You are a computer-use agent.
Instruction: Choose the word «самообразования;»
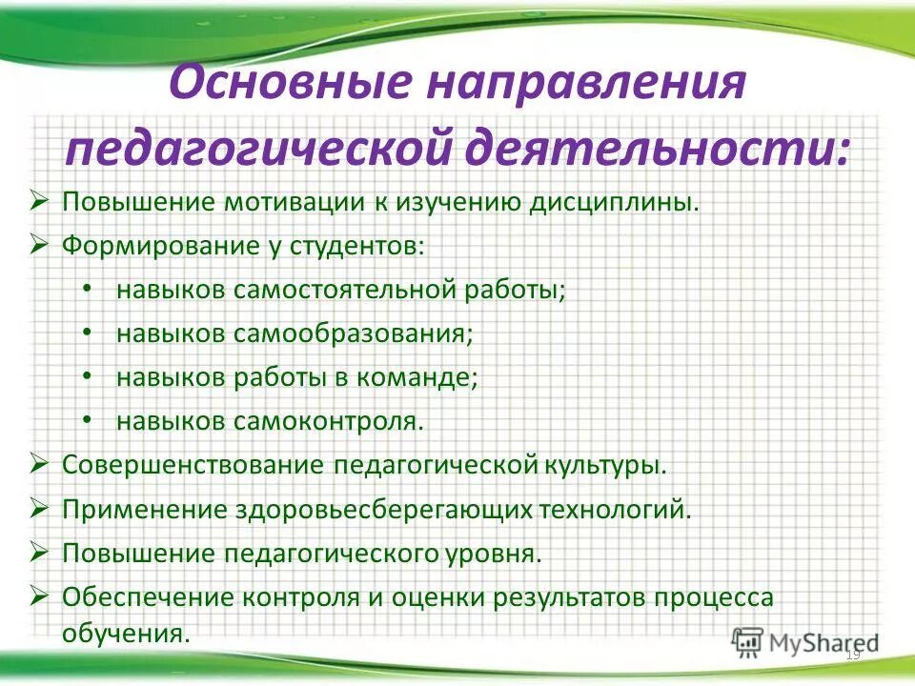(x=353, y=333)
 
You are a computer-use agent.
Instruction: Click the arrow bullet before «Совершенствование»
(x=39, y=465)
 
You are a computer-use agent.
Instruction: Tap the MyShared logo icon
(x=748, y=641)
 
